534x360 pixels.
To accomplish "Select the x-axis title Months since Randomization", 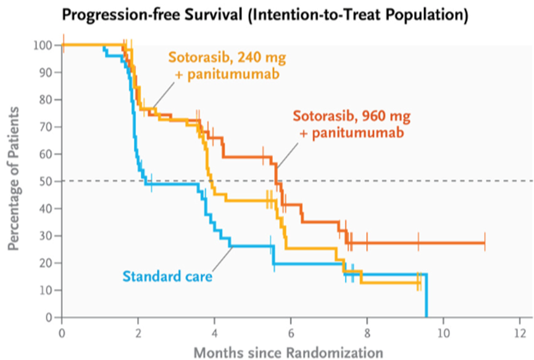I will pos(289,352).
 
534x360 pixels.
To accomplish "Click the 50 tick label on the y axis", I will pos(47,181).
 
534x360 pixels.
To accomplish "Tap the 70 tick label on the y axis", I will pos(47,127).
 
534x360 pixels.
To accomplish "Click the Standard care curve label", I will pos(167,276).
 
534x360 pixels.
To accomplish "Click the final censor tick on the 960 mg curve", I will pos(485,241).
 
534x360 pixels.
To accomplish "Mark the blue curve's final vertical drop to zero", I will pos(426,295).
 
